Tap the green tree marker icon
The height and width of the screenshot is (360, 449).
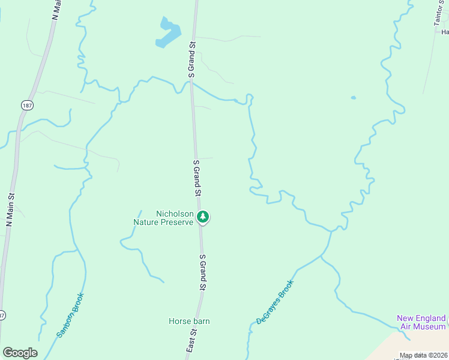[203, 217]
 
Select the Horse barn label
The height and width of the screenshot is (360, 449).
[189, 321]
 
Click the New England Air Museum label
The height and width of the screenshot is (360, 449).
[421, 322]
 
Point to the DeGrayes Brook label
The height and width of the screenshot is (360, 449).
[275, 302]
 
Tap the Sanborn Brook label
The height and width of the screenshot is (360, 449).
[71, 314]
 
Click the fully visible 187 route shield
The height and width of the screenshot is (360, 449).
[27, 105]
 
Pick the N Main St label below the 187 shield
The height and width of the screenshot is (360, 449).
[10, 208]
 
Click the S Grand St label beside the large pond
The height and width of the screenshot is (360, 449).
[192, 59]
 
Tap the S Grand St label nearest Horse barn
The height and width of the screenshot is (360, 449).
[202, 273]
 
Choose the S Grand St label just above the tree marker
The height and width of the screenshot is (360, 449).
[196, 178]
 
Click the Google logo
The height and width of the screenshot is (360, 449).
[20, 353]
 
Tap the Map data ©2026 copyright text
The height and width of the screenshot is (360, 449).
[423, 355]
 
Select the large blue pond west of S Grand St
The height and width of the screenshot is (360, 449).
[167, 34]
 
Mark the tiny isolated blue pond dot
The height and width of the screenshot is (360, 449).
[353, 98]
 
